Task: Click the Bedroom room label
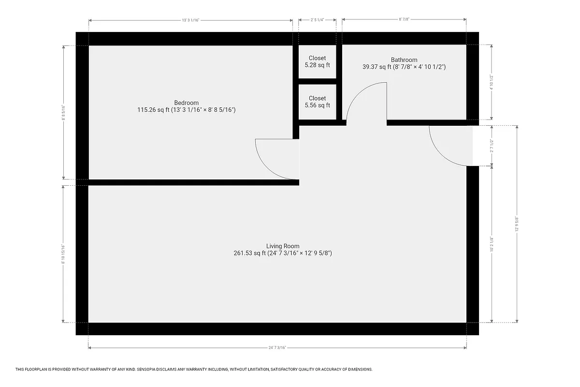click(x=186, y=103)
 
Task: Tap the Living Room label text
click(x=283, y=246)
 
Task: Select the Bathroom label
click(x=404, y=60)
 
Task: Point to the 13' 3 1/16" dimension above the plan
click(x=190, y=20)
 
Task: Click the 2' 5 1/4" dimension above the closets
click(x=317, y=20)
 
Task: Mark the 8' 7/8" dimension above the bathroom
click(x=404, y=20)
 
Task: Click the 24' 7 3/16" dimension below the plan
click(x=277, y=347)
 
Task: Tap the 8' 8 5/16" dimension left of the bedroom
click(x=63, y=112)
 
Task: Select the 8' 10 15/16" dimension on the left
click(x=63, y=254)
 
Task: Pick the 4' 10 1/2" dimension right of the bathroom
click(x=492, y=82)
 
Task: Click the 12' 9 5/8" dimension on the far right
click(x=517, y=224)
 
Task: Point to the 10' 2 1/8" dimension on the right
click(x=492, y=244)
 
